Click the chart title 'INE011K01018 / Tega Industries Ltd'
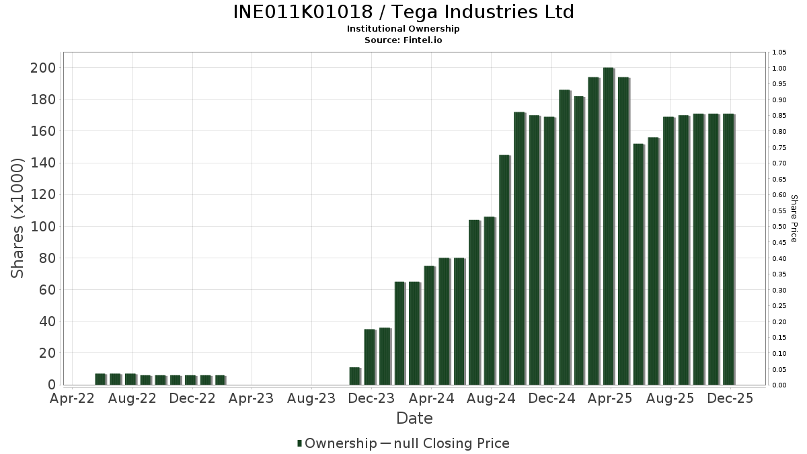pos(403,12)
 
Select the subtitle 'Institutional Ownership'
pos(403,29)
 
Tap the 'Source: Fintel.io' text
pos(403,40)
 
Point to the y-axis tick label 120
pos(42,194)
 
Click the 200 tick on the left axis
pos(42,68)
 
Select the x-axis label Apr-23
pos(252,398)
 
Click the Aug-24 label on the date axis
pos(491,398)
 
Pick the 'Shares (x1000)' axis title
pos(18,218)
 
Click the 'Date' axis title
pos(414,418)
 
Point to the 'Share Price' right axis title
pos(794,219)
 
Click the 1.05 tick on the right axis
pos(779,52)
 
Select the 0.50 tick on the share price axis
pos(779,227)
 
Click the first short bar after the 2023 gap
pos(354,377)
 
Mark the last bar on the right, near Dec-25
pos(728,250)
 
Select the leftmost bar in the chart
pos(100,379)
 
